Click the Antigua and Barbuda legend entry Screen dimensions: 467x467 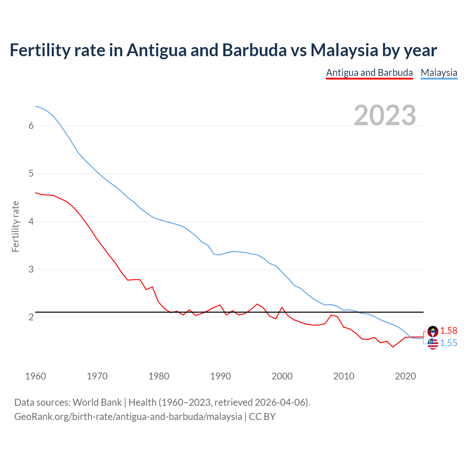(x=369, y=73)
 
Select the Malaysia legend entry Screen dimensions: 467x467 (x=439, y=73)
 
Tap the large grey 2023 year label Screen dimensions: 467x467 (x=385, y=115)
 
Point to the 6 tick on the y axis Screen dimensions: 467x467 (x=31, y=126)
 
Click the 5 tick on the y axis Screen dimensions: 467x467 (x=31, y=174)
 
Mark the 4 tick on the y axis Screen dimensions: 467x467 (x=31, y=221)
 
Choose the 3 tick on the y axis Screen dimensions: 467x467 (x=31, y=269)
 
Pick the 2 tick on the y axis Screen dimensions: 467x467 (x=31, y=317)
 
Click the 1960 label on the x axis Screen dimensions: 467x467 (x=35, y=376)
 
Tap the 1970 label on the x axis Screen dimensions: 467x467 (x=97, y=376)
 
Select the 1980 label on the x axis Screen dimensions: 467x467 (x=159, y=376)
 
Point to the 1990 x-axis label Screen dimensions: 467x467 (x=220, y=376)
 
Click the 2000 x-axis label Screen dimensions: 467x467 (x=282, y=376)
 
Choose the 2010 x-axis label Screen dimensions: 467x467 (x=344, y=376)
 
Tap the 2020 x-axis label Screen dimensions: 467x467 (x=405, y=376)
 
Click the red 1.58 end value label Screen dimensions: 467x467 (x=448, y=331)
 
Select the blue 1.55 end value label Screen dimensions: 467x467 (x=448, y=343)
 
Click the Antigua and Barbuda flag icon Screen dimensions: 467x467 (x=433, y=331)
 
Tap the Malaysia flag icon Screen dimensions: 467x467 (x=433, y=344)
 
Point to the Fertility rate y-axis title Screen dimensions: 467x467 (x=15, y=226)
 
